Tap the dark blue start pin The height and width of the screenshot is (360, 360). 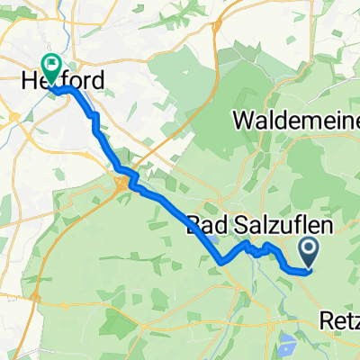[x=309, y=248]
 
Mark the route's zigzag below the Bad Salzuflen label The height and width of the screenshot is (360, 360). [x=256, y=249]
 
